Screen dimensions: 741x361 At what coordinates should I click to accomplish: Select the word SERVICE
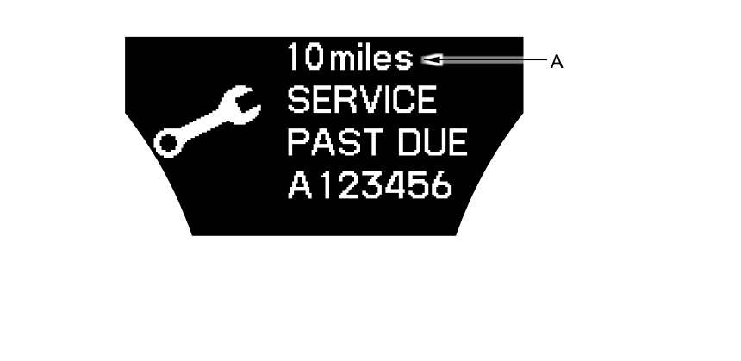[362, 101]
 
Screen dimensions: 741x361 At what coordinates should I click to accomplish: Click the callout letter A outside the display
[557, 61]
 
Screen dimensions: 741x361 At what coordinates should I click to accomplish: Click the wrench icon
[207, 121]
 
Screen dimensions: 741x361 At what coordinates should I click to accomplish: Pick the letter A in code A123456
[298, 185]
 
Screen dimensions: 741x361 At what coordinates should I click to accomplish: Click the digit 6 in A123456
[440, 185]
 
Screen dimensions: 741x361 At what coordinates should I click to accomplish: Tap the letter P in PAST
[297, 143]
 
